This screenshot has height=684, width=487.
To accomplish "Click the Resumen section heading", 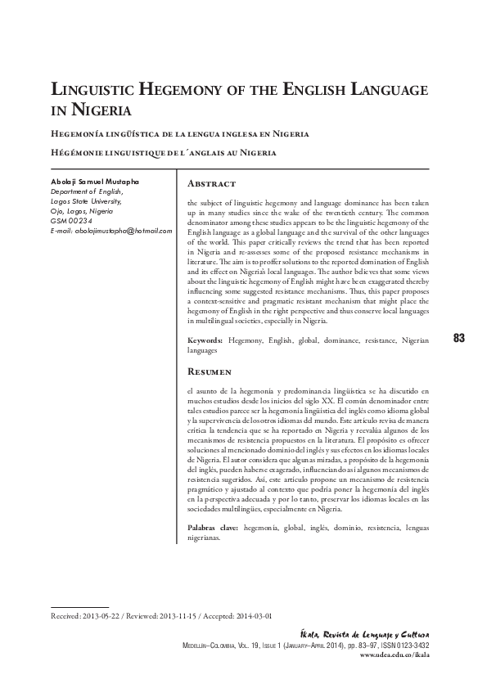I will pos(213,370).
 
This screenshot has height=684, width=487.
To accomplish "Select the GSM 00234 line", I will pos(68,220).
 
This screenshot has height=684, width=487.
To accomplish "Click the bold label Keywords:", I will pos(205,338).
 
